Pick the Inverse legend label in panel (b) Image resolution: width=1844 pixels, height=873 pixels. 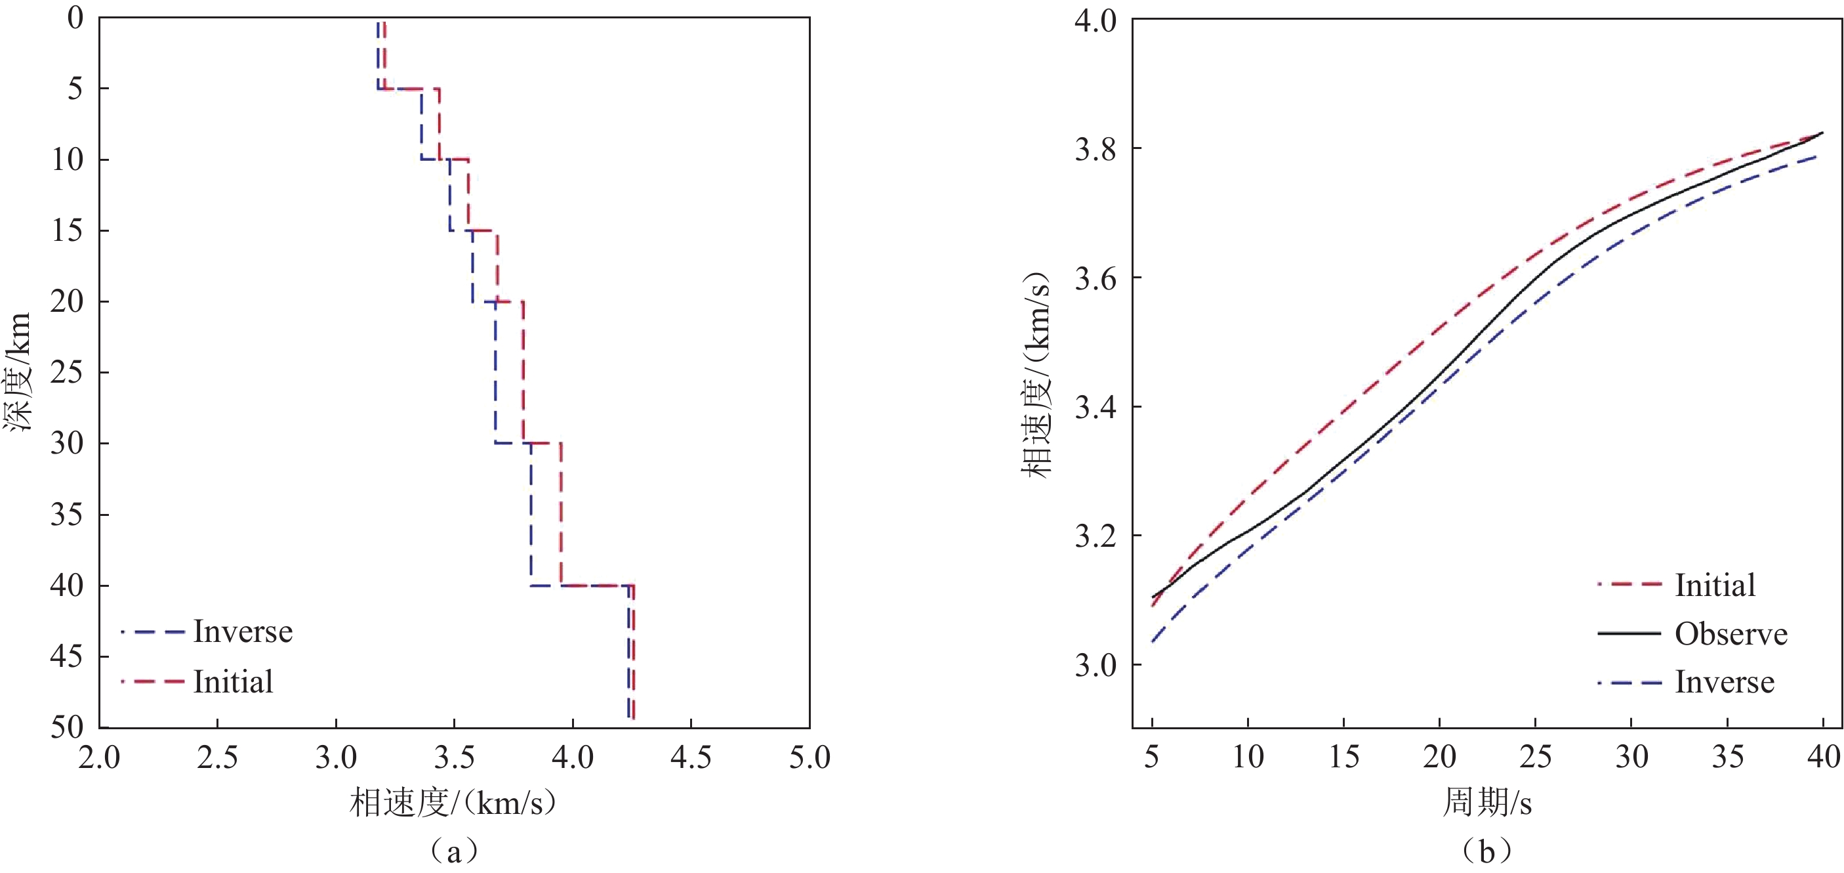pos(1725,682)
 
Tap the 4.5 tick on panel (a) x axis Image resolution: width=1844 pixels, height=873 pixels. pos(691,757)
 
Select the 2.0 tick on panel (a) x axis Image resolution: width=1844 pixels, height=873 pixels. pos(99,757)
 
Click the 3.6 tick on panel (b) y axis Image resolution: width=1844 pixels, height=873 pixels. pos(1096,278)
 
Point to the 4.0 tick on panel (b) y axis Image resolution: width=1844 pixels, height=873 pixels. pos(1096,20)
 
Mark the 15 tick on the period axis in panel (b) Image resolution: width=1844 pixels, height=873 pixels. pos(1343,756)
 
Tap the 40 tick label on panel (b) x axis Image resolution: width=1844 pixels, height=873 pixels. pos(1822,756)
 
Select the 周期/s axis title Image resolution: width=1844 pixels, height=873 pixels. pos(1486,802)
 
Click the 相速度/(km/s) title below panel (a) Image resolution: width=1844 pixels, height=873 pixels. pos(453,803)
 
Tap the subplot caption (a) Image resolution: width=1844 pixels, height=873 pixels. pos(453,851)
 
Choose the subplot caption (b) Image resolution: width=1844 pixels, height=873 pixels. pos(1486,851)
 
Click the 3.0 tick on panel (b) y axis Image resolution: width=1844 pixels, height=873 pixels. pos(1096,666)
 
